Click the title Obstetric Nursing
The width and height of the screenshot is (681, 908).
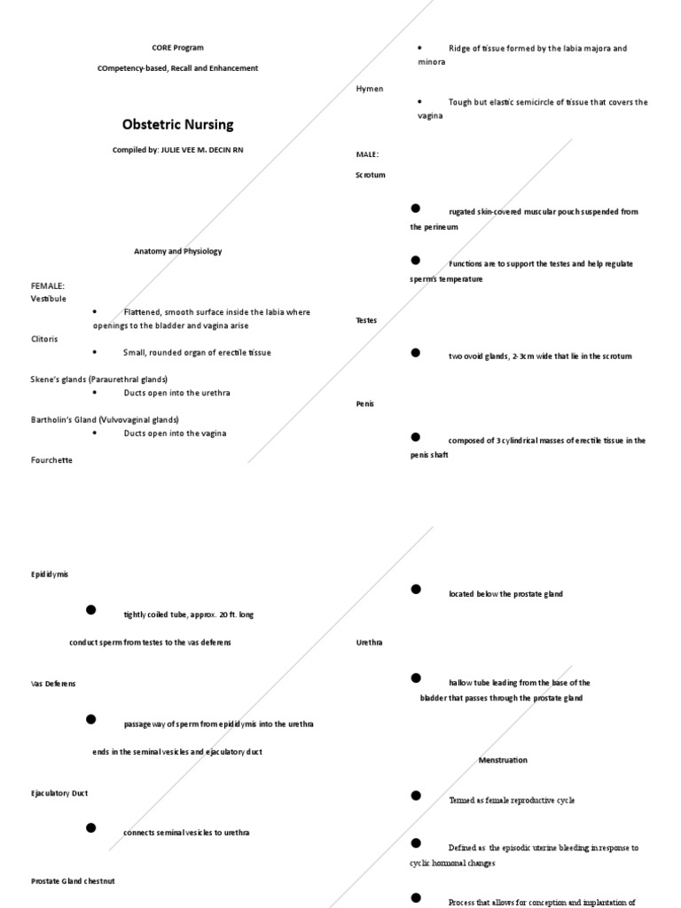[x=177, y=124]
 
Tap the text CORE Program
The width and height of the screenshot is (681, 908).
[x=177, y=47]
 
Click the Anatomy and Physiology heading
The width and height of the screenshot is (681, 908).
[x=177, y=251]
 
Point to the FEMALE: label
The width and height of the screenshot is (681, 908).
[x=48, y=286]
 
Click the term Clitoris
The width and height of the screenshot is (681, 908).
[x=45, y=339]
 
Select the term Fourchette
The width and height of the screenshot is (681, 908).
[x=51, y=460]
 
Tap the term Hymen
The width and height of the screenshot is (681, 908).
[x=368, y=89]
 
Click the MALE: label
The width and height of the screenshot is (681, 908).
[x=367, y=154]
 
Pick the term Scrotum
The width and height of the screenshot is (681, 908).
[x=371, y=175]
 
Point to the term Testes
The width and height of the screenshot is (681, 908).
[x=366, y=320]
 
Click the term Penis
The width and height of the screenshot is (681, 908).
[x=364, y=403]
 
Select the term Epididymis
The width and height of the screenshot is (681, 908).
[x=50, y=575]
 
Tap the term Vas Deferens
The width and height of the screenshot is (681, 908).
[x=53, y=684]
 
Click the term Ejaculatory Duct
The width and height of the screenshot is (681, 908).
[x=59, y=794]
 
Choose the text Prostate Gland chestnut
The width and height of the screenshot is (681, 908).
[x=73, y=881]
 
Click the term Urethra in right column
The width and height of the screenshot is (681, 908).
[x=369, y=641]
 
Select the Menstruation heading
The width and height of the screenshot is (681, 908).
[x=503, y=760]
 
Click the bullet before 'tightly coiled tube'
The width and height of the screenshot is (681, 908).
[x=90, y=609]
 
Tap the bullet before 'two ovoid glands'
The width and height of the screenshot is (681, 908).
[x=415, y=352]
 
